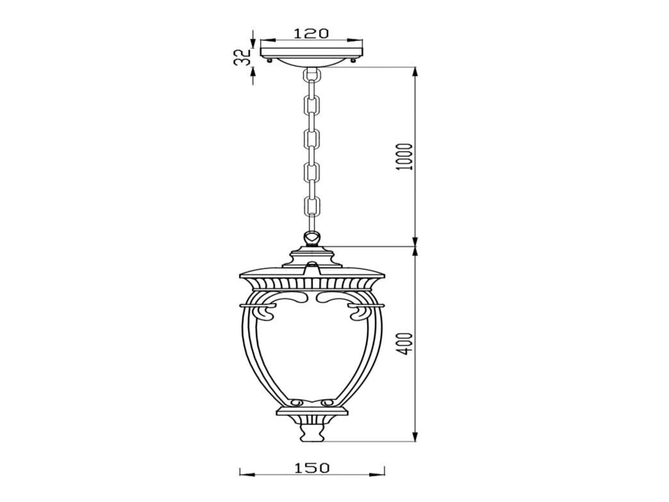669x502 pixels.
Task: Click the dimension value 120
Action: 311,33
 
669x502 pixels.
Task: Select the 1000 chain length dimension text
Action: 402,156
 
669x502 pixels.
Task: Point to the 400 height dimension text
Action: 402,344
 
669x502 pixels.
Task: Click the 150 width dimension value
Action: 312,468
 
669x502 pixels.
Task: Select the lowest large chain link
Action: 312,207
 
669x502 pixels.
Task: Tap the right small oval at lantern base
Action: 329,403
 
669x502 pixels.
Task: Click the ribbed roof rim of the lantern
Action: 312,283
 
